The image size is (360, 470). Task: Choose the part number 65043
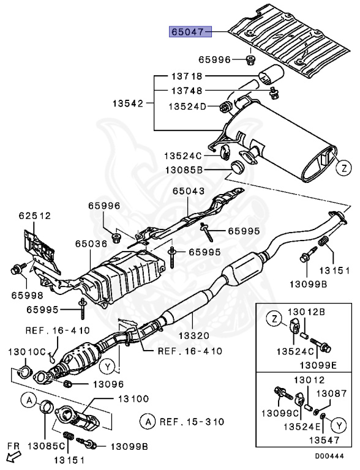(x=188, y=192)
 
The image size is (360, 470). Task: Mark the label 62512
(x=34, y=216)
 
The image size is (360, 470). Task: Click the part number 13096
(x=108, y=384)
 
